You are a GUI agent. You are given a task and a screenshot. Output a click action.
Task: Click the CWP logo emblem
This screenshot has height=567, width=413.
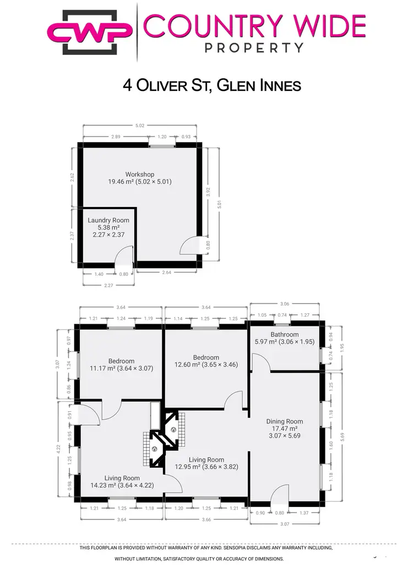pos(90,31)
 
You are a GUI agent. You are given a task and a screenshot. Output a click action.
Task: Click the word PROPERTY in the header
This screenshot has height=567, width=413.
pos(254,47)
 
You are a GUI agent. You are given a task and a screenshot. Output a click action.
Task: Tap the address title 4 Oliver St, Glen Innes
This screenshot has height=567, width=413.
pos(211,86)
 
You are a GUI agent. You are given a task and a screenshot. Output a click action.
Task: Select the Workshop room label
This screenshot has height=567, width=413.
pos(139,178)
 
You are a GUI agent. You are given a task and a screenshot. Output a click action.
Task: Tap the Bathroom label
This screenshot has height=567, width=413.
pos(284,338)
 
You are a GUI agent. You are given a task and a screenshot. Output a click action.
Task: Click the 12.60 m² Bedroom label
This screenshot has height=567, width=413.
pos(206,361)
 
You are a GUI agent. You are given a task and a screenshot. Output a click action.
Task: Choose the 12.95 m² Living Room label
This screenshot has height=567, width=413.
pos(206,464)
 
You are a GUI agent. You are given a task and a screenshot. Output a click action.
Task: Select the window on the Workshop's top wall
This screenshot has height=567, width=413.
pos(162,145)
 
